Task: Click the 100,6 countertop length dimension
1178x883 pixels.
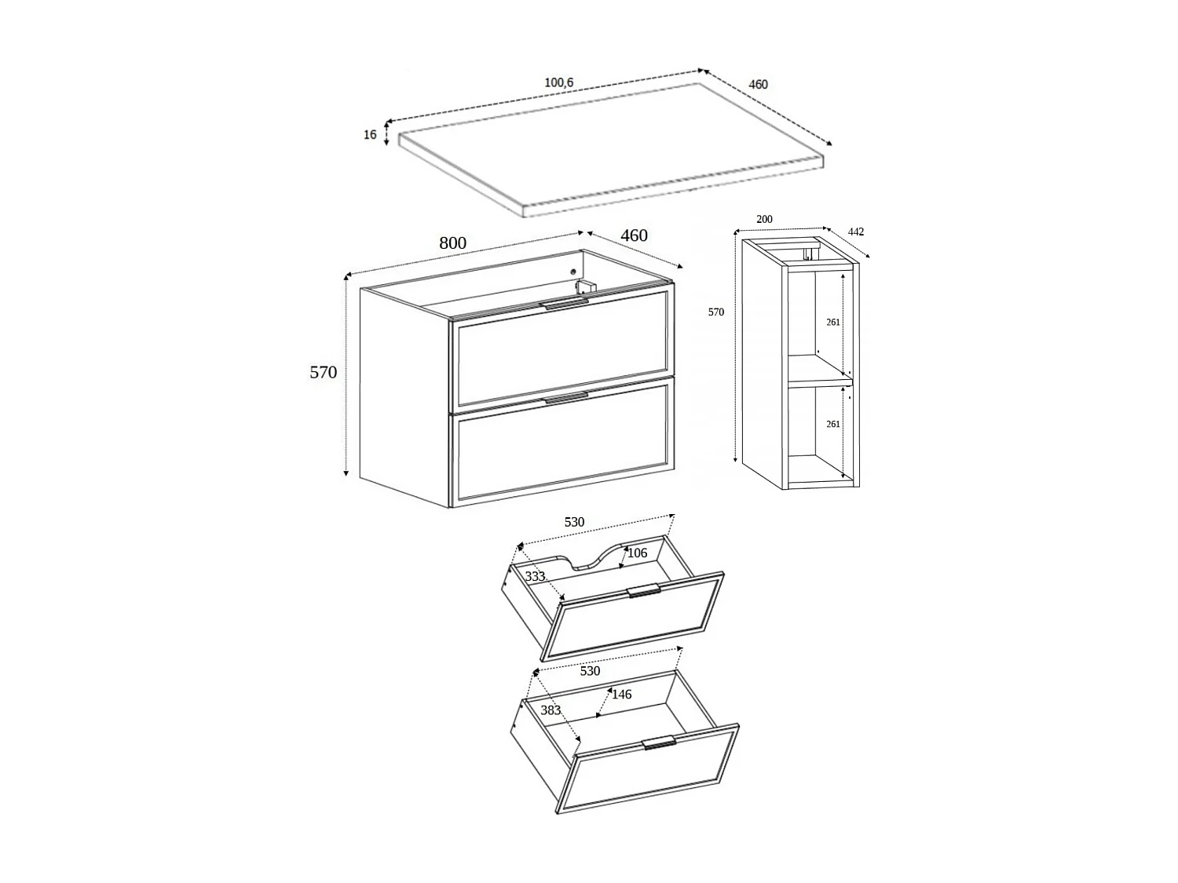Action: tap(558, 82)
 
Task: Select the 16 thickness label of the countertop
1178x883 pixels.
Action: tap(370, 135)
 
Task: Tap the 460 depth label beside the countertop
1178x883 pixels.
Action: tap(758, 84)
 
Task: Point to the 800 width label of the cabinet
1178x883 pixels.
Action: tap(452, 243)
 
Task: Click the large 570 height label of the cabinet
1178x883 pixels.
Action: tap(323, 372)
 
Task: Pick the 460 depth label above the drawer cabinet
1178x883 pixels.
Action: tap(634, 235)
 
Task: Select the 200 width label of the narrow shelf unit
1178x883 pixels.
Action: tap(764, 220)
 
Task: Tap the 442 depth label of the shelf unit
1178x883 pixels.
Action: tap(855, 232)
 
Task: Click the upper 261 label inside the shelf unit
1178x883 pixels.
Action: tap(833, 322)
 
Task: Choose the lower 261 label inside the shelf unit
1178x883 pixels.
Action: tap(833, 424)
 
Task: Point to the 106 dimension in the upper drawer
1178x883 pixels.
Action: tap(637, 553)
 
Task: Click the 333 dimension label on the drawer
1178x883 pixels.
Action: tap(535, 577)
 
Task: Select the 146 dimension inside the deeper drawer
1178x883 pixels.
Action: tap(621, 695)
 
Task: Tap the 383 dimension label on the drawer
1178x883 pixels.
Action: tap(551, 710)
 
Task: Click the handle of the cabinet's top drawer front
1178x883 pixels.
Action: tap(564, 304)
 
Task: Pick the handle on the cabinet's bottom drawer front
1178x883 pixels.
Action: tap(565, 399)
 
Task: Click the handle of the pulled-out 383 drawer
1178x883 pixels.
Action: tap(658, 743)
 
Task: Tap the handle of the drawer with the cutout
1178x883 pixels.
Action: tap(643, 590)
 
